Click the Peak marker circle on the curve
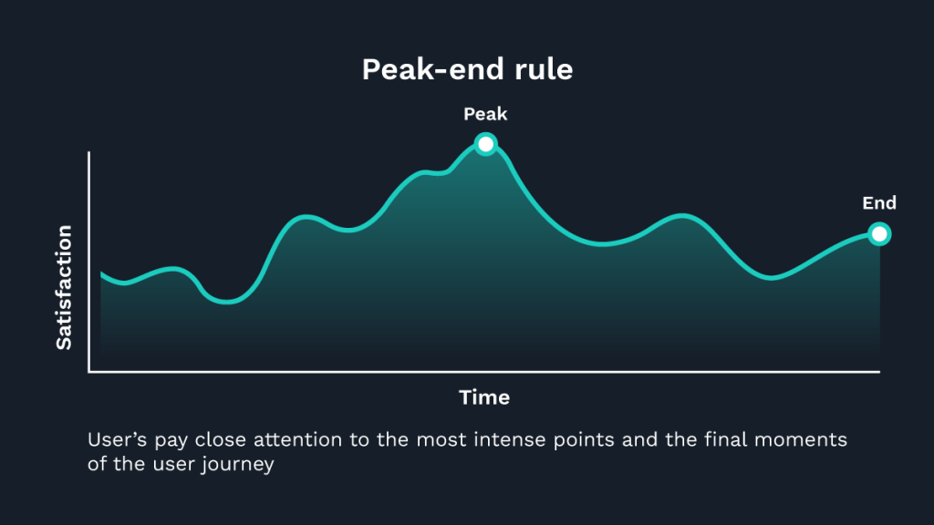486,144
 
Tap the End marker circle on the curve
878,234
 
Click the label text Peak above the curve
485,115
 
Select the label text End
879,203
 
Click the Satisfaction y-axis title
64,287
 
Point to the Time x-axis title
484,397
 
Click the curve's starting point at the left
101,273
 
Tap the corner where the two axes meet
89,371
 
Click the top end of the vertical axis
89,153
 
